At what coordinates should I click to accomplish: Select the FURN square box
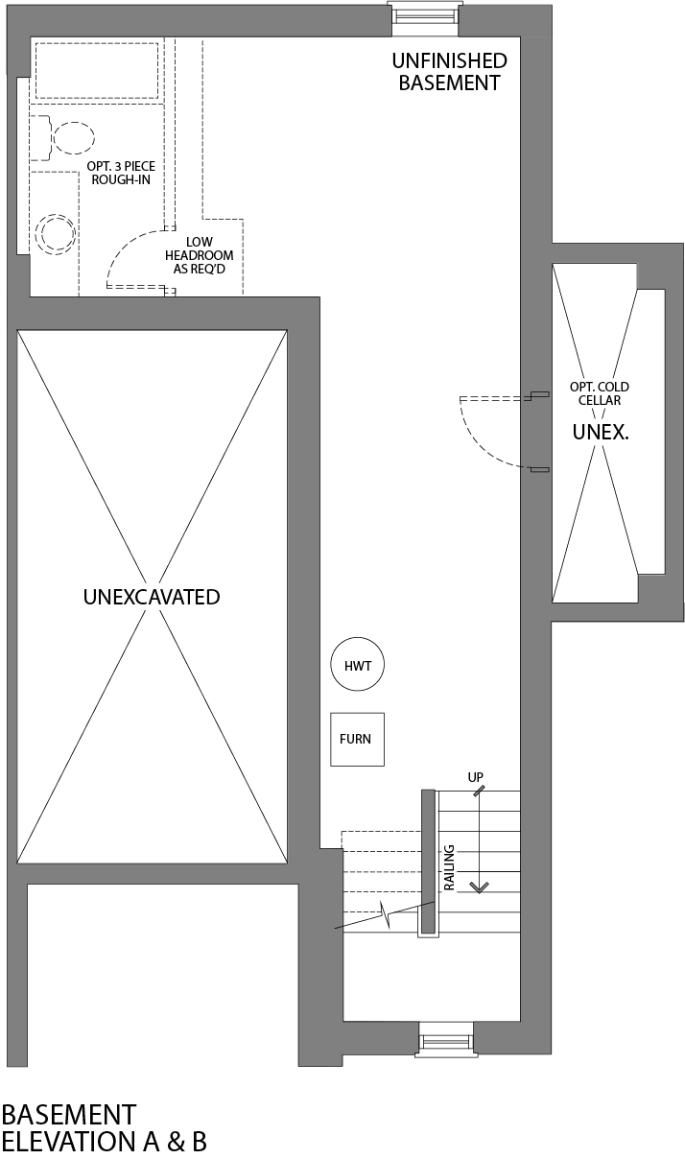click(x=357, y=739)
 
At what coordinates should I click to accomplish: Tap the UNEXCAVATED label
click(x=152, y=597)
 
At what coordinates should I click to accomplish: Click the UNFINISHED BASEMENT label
click(x=449, y=72)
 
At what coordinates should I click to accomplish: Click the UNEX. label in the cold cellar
click(x=600, y=433)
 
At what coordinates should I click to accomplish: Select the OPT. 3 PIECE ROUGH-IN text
click(x=120, y=173)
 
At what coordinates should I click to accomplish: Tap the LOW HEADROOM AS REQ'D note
click(x=200, y=256)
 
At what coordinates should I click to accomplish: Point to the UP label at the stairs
click(x=475, y=775)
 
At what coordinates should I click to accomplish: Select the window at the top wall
click(x=423, y=15)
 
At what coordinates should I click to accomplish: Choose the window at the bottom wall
click(x=446, y=1040)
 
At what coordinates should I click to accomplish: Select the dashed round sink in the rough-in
click(x=54, y=233)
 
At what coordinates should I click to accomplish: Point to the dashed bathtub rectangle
click(x=97, y=68)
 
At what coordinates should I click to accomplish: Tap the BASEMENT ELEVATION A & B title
click(x=104, y=1128)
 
